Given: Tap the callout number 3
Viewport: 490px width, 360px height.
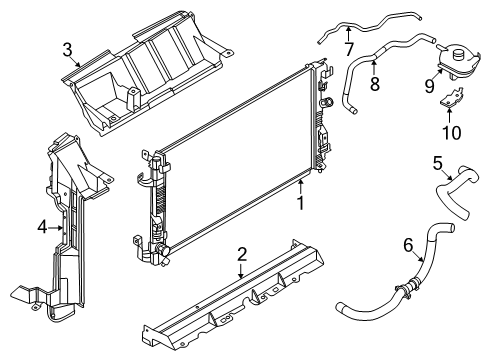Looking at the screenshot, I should (x=67, y=49).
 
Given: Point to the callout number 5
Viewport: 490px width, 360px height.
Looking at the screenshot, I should (x=438, y=162).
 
